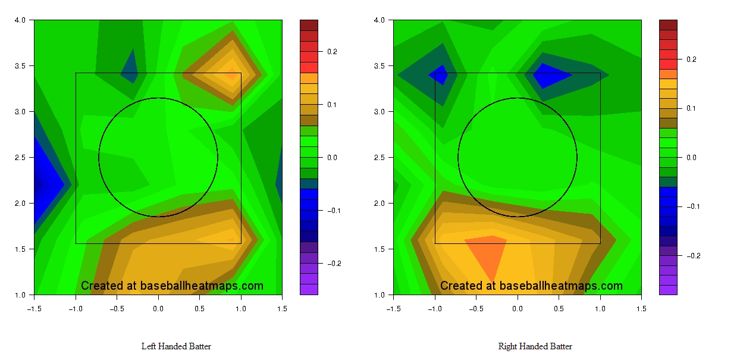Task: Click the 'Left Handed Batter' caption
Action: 176,346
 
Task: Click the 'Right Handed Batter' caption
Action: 535,346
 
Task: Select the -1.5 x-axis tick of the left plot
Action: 34,308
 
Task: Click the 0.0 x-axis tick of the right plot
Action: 518,308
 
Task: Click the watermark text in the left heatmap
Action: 172,286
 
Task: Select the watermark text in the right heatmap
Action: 531,286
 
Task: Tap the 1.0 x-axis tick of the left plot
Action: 241,308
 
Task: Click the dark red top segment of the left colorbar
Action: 309,25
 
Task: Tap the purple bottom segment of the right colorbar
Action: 669,290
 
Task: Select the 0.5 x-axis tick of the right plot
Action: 559,308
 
